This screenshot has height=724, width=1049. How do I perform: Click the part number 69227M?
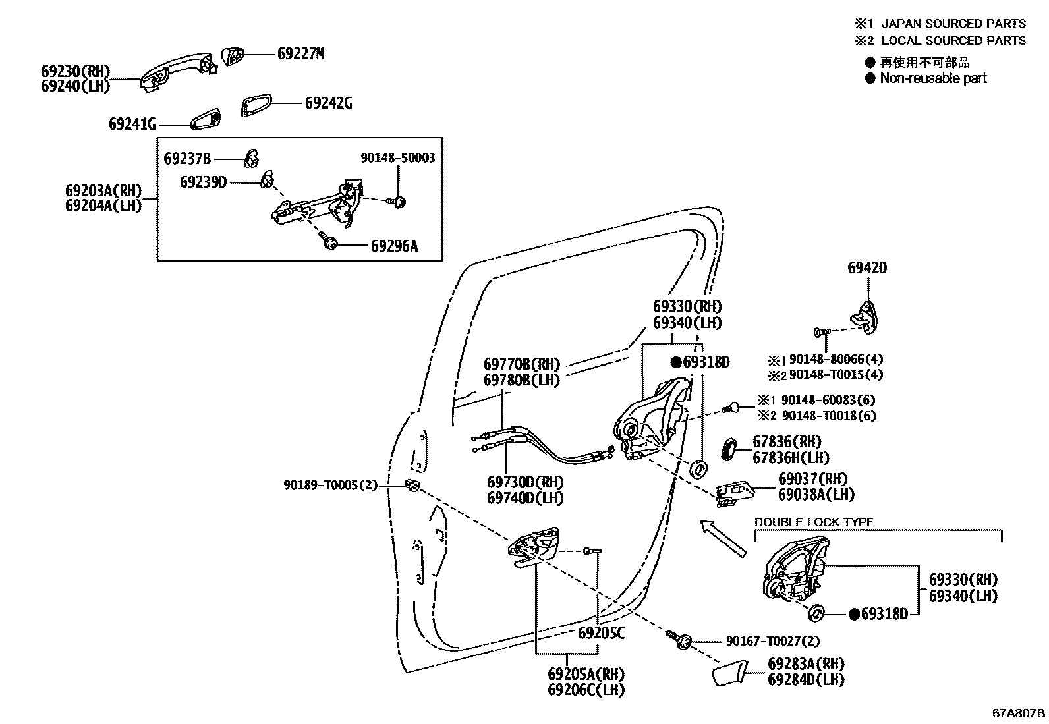click(300, 54)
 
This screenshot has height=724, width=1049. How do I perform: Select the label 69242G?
click(328, 103)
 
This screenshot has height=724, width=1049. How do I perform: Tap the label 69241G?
click(132, 124)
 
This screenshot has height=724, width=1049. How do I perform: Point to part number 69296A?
click(394, 246)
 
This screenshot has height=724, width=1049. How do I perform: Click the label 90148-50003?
click(398, 159)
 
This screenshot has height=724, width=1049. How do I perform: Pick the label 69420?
click(866, 268)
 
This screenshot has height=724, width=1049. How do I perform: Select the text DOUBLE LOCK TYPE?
click(814, 522)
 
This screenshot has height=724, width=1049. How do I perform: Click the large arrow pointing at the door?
click(722, 538)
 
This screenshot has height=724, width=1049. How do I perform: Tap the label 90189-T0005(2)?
click(330, 486)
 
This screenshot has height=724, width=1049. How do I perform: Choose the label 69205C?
click(601, 634)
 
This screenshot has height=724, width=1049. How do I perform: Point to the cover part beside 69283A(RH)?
click(727, 676)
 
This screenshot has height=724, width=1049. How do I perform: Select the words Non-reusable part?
click(933, 78)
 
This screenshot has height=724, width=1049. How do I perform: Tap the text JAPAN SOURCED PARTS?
click(953, 24)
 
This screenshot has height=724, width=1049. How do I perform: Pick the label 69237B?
click(187, 159)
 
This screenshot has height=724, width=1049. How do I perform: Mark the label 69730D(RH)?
click(525, 482)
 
